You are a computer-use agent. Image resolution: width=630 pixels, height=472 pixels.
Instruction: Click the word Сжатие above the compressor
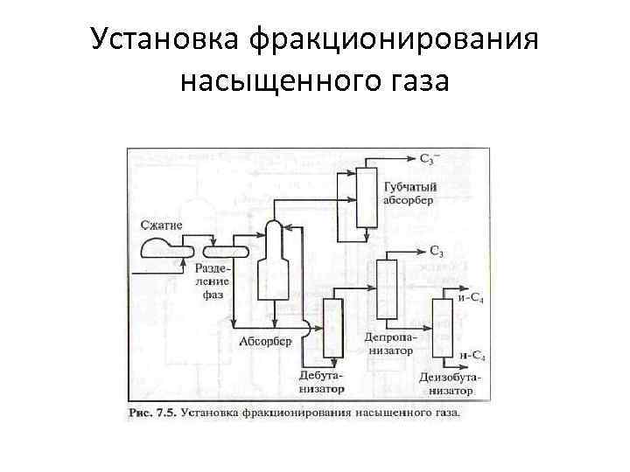[x=162, y=225]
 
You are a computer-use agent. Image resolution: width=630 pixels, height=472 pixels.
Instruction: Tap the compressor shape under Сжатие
[x=158, y=247]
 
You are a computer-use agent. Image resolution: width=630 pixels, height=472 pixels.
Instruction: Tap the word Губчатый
[x=409, y=186]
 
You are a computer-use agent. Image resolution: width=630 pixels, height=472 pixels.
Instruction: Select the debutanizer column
[x=332, y=327]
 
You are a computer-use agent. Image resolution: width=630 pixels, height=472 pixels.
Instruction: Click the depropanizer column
[x=386, y=288]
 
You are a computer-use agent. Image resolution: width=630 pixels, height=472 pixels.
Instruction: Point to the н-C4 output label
[x=472, y=356]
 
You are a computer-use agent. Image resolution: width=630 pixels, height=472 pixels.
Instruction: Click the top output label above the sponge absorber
[x=430, y=158]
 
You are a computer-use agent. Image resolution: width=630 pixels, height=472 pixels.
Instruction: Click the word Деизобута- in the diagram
[x=450, y=378]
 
